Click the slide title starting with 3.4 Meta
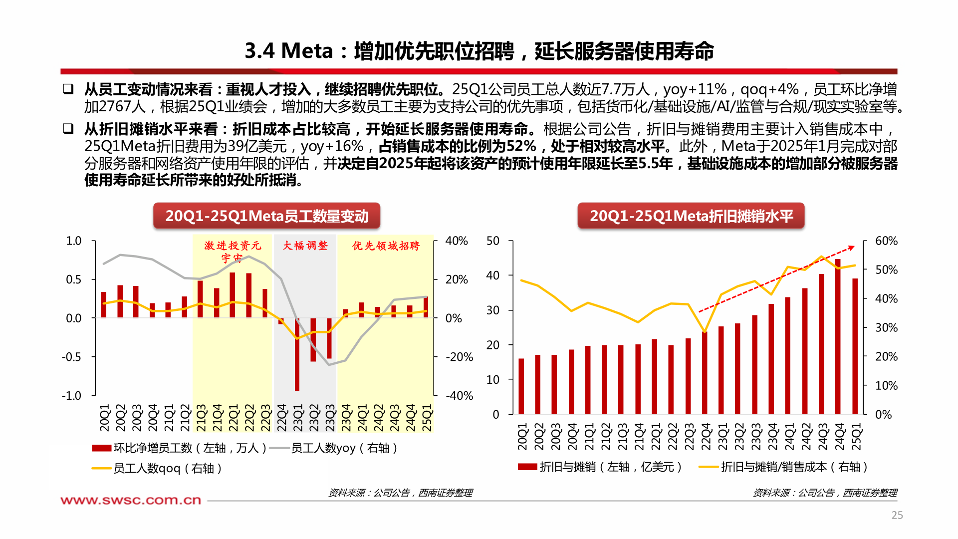479,51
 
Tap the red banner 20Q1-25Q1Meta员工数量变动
266,216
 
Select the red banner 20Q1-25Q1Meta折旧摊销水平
691,216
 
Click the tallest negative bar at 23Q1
297,354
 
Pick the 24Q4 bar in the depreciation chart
838,337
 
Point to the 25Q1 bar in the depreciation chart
855,346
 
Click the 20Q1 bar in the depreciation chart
521,386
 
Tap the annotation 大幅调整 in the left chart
305,246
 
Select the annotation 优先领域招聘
386,246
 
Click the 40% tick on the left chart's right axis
456,241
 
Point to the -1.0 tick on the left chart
71,396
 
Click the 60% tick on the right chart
886,241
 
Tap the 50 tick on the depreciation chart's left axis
492,241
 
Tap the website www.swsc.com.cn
131,500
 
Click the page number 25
897,515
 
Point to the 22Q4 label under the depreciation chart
706,437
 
